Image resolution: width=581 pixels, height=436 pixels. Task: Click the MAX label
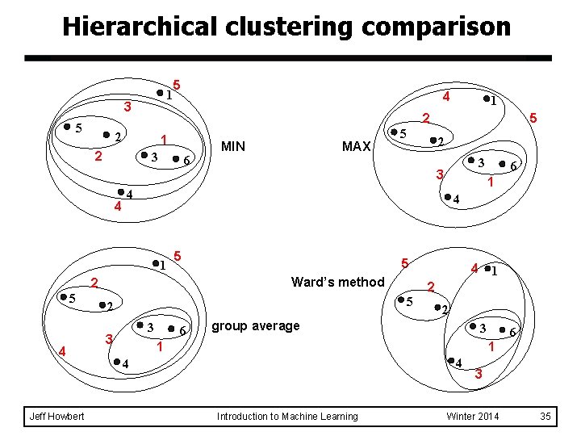tap(356, 146)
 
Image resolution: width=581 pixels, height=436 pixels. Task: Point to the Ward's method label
tap(337, 282)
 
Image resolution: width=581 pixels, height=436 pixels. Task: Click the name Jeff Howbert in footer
tap(54, 416)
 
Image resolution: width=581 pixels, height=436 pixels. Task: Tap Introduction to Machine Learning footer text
tap(287, 416)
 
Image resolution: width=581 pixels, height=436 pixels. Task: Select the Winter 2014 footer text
tap(473, 416)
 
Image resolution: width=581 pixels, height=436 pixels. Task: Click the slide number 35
tap(545, 416)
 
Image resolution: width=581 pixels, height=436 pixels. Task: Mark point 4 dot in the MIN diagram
tap(119, 192)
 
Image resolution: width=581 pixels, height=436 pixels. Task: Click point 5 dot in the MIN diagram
tap(67, 128)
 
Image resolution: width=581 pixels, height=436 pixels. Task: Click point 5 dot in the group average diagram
tap(64, 297)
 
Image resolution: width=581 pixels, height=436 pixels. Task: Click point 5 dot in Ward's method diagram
tap(400, 300)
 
